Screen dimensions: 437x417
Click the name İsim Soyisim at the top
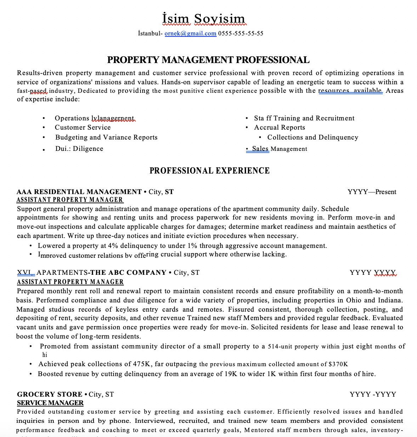(x=204, y=19)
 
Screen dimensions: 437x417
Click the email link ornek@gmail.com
(x=190, y=34)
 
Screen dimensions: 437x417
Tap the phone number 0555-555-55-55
(x=241, y=34)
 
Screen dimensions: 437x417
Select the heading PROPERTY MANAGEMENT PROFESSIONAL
(x=208, y=60)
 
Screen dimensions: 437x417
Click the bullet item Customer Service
(x=82, y=127)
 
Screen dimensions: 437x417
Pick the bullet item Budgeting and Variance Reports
(x=106, y=137)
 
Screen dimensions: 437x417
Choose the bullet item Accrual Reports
(x=279, y=127)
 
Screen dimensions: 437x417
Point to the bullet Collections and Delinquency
(x=313, y=137)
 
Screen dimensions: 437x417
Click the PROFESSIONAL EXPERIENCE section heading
(x=210, y=171)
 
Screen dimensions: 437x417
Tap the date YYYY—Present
(x=372, y=192)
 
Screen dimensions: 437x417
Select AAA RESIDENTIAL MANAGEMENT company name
(x=79, y=192)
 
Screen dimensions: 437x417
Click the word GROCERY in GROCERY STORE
(x=31, y=395)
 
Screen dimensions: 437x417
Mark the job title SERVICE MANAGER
(x=50, y=403)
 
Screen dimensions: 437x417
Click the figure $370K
(x=338, y=364)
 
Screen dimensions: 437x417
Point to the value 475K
(x=143, y=364)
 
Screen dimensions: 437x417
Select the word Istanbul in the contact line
(x=149, y=34)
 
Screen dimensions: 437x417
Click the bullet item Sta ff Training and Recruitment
(x=304, y=118)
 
